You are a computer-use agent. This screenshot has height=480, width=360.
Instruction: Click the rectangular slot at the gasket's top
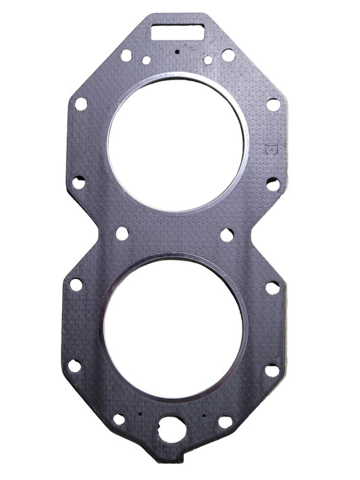pos(178,30)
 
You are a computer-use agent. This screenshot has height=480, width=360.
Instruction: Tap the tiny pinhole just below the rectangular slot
pos(177,51)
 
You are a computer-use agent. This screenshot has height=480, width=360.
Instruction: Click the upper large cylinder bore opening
pos(178,146)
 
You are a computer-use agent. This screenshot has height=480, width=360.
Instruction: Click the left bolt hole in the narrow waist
pos(122,233)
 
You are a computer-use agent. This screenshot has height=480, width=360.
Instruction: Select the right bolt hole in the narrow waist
pos(228,235)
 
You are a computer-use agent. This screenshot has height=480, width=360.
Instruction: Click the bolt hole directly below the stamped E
pos(272,184)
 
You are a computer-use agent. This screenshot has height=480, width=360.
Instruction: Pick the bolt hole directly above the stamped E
pos(273,105)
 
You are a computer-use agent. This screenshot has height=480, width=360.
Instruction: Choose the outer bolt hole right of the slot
pos(228,55)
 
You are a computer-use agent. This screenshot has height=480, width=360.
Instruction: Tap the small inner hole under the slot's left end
pos(146,60)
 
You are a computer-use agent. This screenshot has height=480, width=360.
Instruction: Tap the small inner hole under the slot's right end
pos(208,60)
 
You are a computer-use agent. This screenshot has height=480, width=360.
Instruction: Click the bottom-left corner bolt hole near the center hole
pos(119,419)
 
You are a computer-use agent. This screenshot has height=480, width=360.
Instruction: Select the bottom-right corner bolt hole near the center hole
pos(225,421)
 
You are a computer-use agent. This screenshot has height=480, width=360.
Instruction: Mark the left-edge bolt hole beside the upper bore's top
pos(81,104)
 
